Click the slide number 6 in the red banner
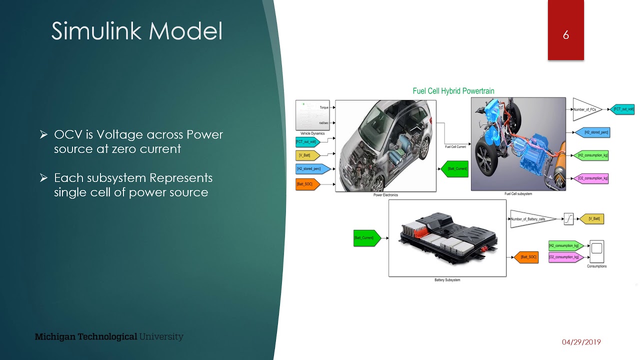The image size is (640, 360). pos(565,35)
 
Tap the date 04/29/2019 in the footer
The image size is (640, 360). pos(581,342)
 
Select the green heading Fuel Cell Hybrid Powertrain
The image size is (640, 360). pos(453,91)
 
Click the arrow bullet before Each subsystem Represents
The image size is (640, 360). pos(44,178)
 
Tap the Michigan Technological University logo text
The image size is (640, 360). pos(109,336)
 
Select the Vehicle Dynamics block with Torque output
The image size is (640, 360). pos(312,115)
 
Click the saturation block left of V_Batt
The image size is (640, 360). pos(569,218)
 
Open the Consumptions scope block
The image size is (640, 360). pos(596,251)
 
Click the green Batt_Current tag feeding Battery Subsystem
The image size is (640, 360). pos(366,238)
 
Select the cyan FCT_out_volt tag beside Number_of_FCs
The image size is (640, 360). pos(622,109)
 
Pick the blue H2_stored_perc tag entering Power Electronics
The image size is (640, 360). pos(311,169)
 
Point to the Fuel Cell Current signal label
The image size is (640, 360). pos(455,147)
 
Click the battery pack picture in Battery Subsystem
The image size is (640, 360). pos(447,238)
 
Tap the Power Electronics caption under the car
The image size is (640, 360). pos(385,195)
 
